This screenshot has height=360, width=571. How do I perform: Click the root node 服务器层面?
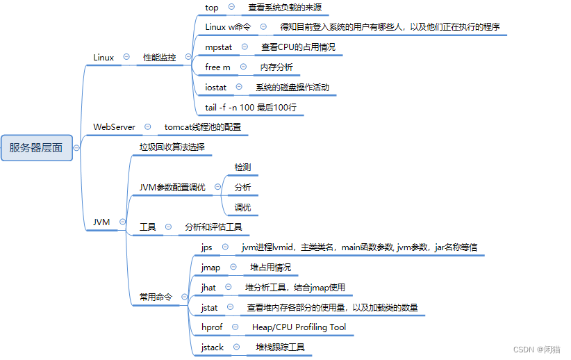click(x=36, y=147)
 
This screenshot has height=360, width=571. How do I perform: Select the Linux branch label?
click(x=104, y=58)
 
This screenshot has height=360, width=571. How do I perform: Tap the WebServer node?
click(x=114, y=127)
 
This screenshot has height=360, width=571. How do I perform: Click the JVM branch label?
click(x=101, y=222)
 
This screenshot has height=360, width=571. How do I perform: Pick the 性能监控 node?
click(x=160, y=58)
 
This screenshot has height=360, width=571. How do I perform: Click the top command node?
click(x=212, y=8)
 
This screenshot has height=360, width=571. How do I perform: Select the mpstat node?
click(x=219, y=47)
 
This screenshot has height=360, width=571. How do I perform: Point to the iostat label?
click(x=216, y=88)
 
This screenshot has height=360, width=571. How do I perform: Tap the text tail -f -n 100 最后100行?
click(x=251, y=108)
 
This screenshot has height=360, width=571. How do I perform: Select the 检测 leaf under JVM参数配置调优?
click(x=242, y=167)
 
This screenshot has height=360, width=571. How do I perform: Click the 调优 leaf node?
click(x=242, y=207)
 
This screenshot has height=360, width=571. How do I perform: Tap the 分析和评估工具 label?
click(x=213, y=227)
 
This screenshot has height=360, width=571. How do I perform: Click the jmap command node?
click(x=210, y=268)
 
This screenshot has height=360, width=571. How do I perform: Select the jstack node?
click(x=213, y=347)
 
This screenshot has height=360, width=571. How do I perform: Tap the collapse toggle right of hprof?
click(x=235, y=327)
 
